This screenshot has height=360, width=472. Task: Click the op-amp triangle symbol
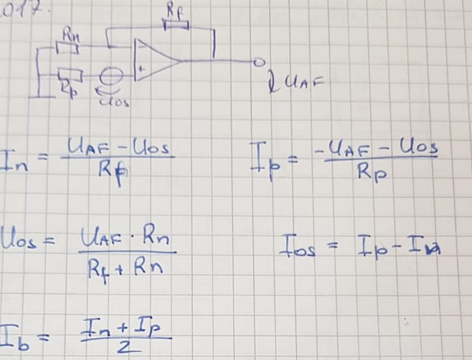click(x=156, y=59)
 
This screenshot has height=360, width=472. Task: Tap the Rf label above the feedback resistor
click(x=174, y=10)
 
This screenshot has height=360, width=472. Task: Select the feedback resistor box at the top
click(x=176, y=24)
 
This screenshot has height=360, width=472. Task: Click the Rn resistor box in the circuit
click(x=67, y=48)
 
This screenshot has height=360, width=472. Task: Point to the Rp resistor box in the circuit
click(x=70, y=75)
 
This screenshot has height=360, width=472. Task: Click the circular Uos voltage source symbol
click(x=110, y=76)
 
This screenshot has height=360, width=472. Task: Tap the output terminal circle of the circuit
click(x=259, y=62)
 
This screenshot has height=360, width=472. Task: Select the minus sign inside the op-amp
click(x=141, y=45)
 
